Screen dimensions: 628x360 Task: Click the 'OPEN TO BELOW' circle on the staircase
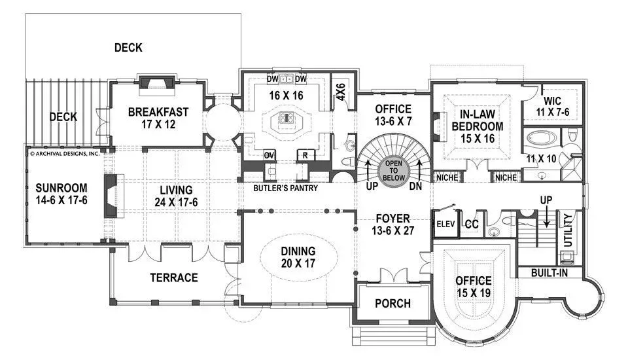click(394, 170)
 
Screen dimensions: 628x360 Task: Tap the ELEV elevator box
click(445, 224)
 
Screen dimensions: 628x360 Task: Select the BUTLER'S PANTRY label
click(286, 188)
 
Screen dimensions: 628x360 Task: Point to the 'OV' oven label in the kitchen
click(269, 155)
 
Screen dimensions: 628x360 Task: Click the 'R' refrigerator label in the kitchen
click(305, 155)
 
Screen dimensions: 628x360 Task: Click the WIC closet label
click(552, 101)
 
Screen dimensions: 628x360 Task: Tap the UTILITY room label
click(568, 230)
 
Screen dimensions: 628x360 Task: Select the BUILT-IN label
click(549, 273)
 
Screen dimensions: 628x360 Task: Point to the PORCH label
click(393, 304)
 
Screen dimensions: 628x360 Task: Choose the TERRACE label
click(174, 278)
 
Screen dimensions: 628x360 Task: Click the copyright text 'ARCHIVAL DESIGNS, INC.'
click(65, 153)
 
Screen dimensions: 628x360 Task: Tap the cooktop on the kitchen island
click(287, 117)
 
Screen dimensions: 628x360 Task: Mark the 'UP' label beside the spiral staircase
click(372, 186)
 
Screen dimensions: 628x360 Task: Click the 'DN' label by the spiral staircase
click(416, 186)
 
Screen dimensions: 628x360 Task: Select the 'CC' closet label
click(472, 224)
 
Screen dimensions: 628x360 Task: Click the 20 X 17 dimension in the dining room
click(298, 263)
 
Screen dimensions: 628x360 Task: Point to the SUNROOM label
click(61, 188)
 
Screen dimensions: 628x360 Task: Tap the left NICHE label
click(447, 177)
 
